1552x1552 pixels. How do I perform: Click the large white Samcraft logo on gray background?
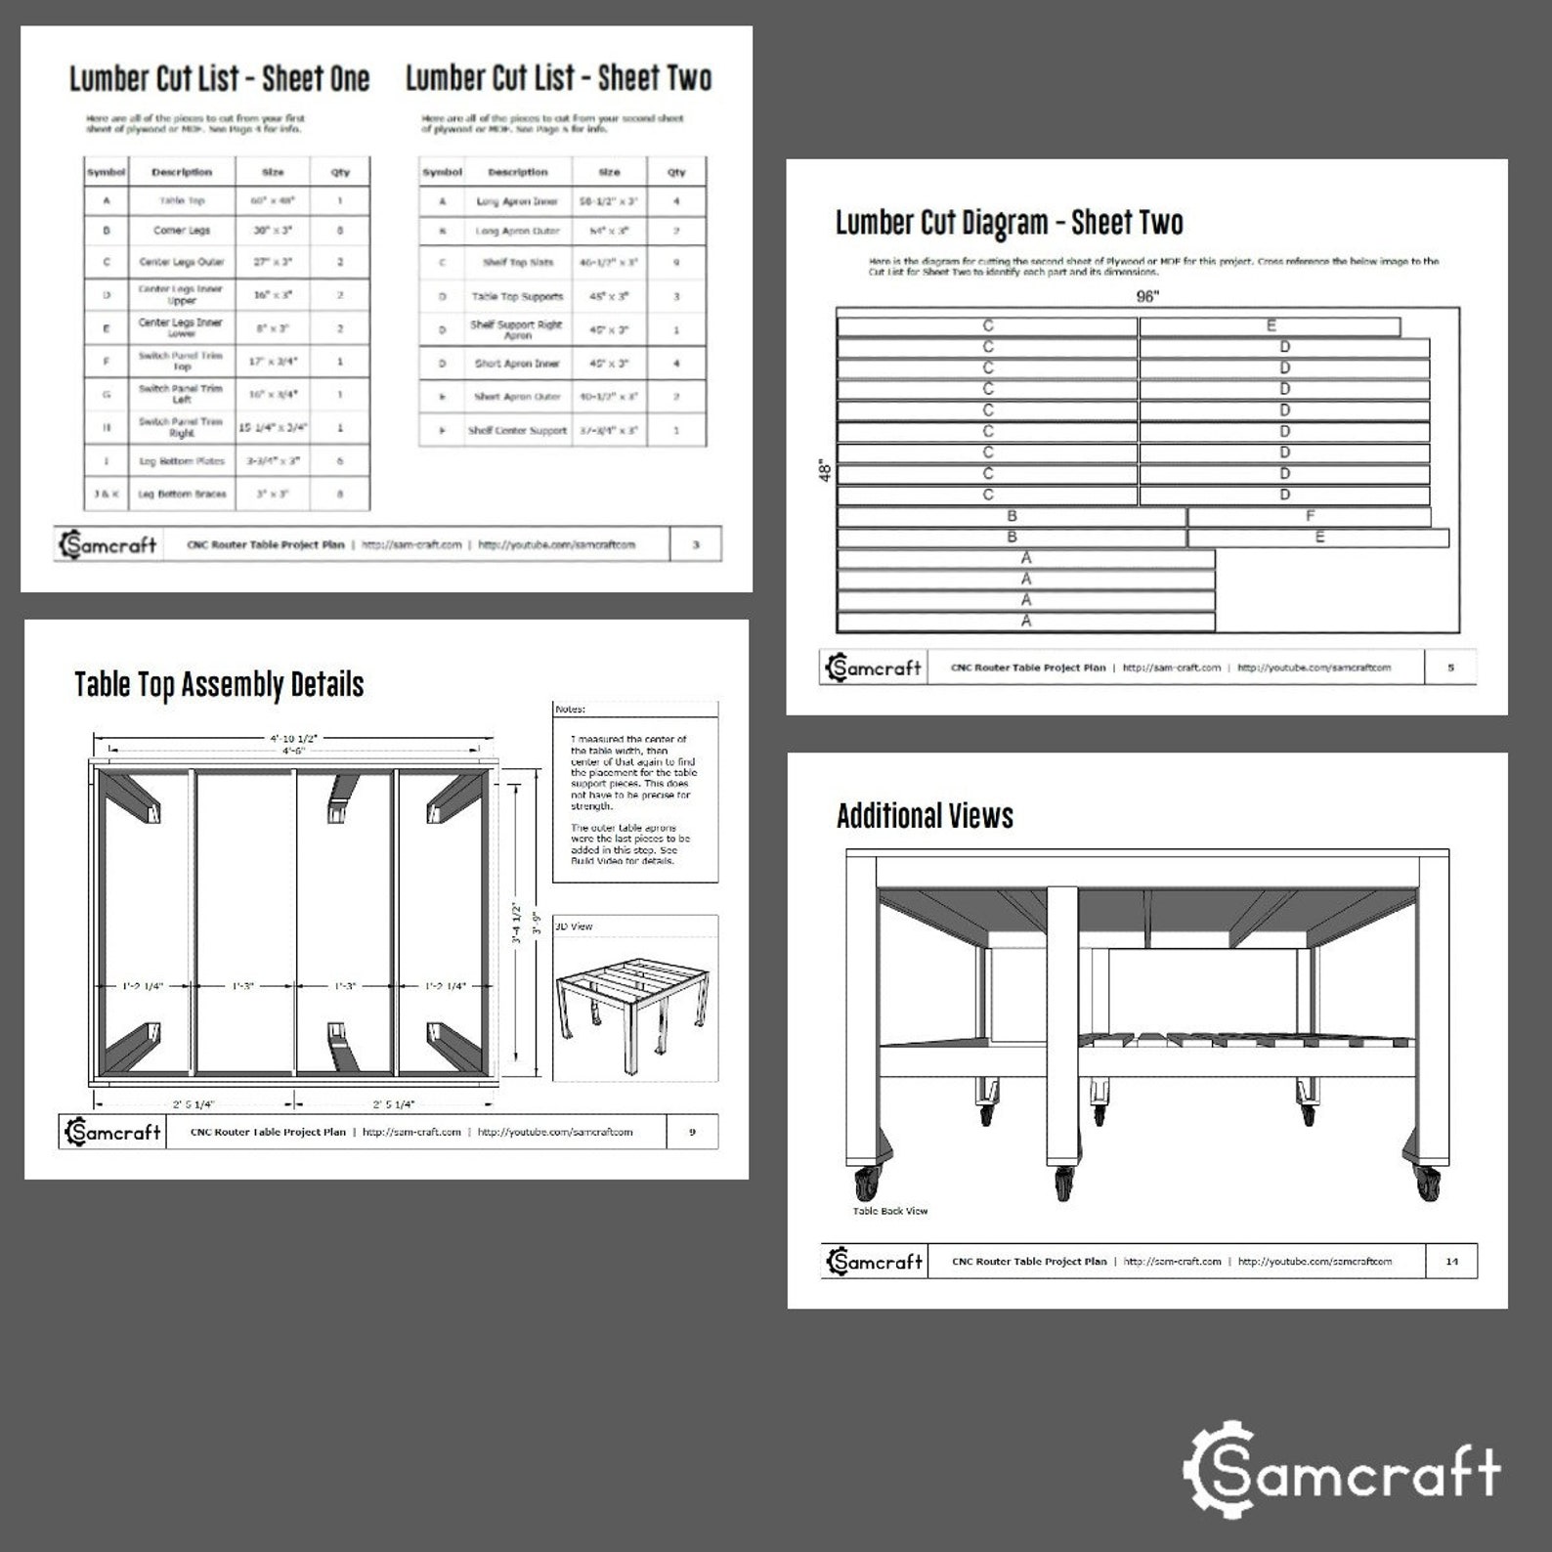[x=1341, y=1469]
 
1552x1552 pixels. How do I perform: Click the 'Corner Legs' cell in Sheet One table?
[x=182, y=231]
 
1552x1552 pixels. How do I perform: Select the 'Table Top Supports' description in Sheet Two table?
[x=517, y=296]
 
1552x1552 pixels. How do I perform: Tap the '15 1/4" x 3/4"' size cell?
[x=273, y=427]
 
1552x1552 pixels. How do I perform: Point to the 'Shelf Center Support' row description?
[x=517, y=430]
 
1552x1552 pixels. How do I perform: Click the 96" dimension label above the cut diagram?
[x=1147, y=296]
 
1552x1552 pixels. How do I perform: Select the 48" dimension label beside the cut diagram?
[x=826, y=471]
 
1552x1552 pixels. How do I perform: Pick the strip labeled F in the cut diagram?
[x=1310, y=516]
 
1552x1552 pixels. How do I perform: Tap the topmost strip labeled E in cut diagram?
[x=1271, y=325]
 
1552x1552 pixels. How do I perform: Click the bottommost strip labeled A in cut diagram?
[x=1026, y=621]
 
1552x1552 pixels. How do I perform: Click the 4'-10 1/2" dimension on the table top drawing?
[x=293, y=738]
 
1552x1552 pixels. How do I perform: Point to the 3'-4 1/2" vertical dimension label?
[x=518, y=923]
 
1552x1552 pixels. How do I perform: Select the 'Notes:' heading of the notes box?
[x=571, y=709]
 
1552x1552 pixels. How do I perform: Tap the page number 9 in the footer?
[x=692, y=1132]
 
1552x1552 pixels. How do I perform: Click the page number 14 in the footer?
[x=1451, y=1261]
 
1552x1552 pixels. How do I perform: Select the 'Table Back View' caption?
[x=890, y=1210]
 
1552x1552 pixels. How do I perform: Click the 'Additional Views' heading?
[x=925, y=816]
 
